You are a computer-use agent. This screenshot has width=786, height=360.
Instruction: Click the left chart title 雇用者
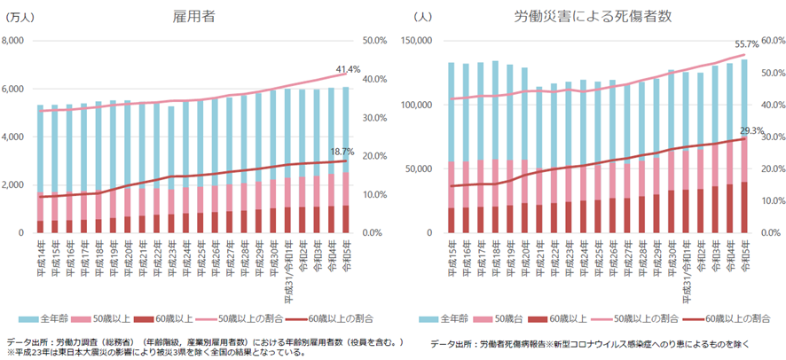(197, 16)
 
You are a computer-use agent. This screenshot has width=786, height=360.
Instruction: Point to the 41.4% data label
(348, 69)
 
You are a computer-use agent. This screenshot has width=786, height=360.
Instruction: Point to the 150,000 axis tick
(416, 41)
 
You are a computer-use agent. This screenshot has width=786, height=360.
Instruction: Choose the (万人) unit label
(20, 17)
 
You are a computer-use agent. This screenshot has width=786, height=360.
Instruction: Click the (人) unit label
(422, 17)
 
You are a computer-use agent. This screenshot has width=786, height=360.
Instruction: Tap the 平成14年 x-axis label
(41, 257)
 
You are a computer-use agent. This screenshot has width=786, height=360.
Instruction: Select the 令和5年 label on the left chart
(346, 255)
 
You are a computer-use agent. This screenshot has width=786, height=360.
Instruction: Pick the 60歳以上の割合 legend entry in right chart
(728, 317)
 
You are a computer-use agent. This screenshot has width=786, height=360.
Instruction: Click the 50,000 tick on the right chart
(420, 168)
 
